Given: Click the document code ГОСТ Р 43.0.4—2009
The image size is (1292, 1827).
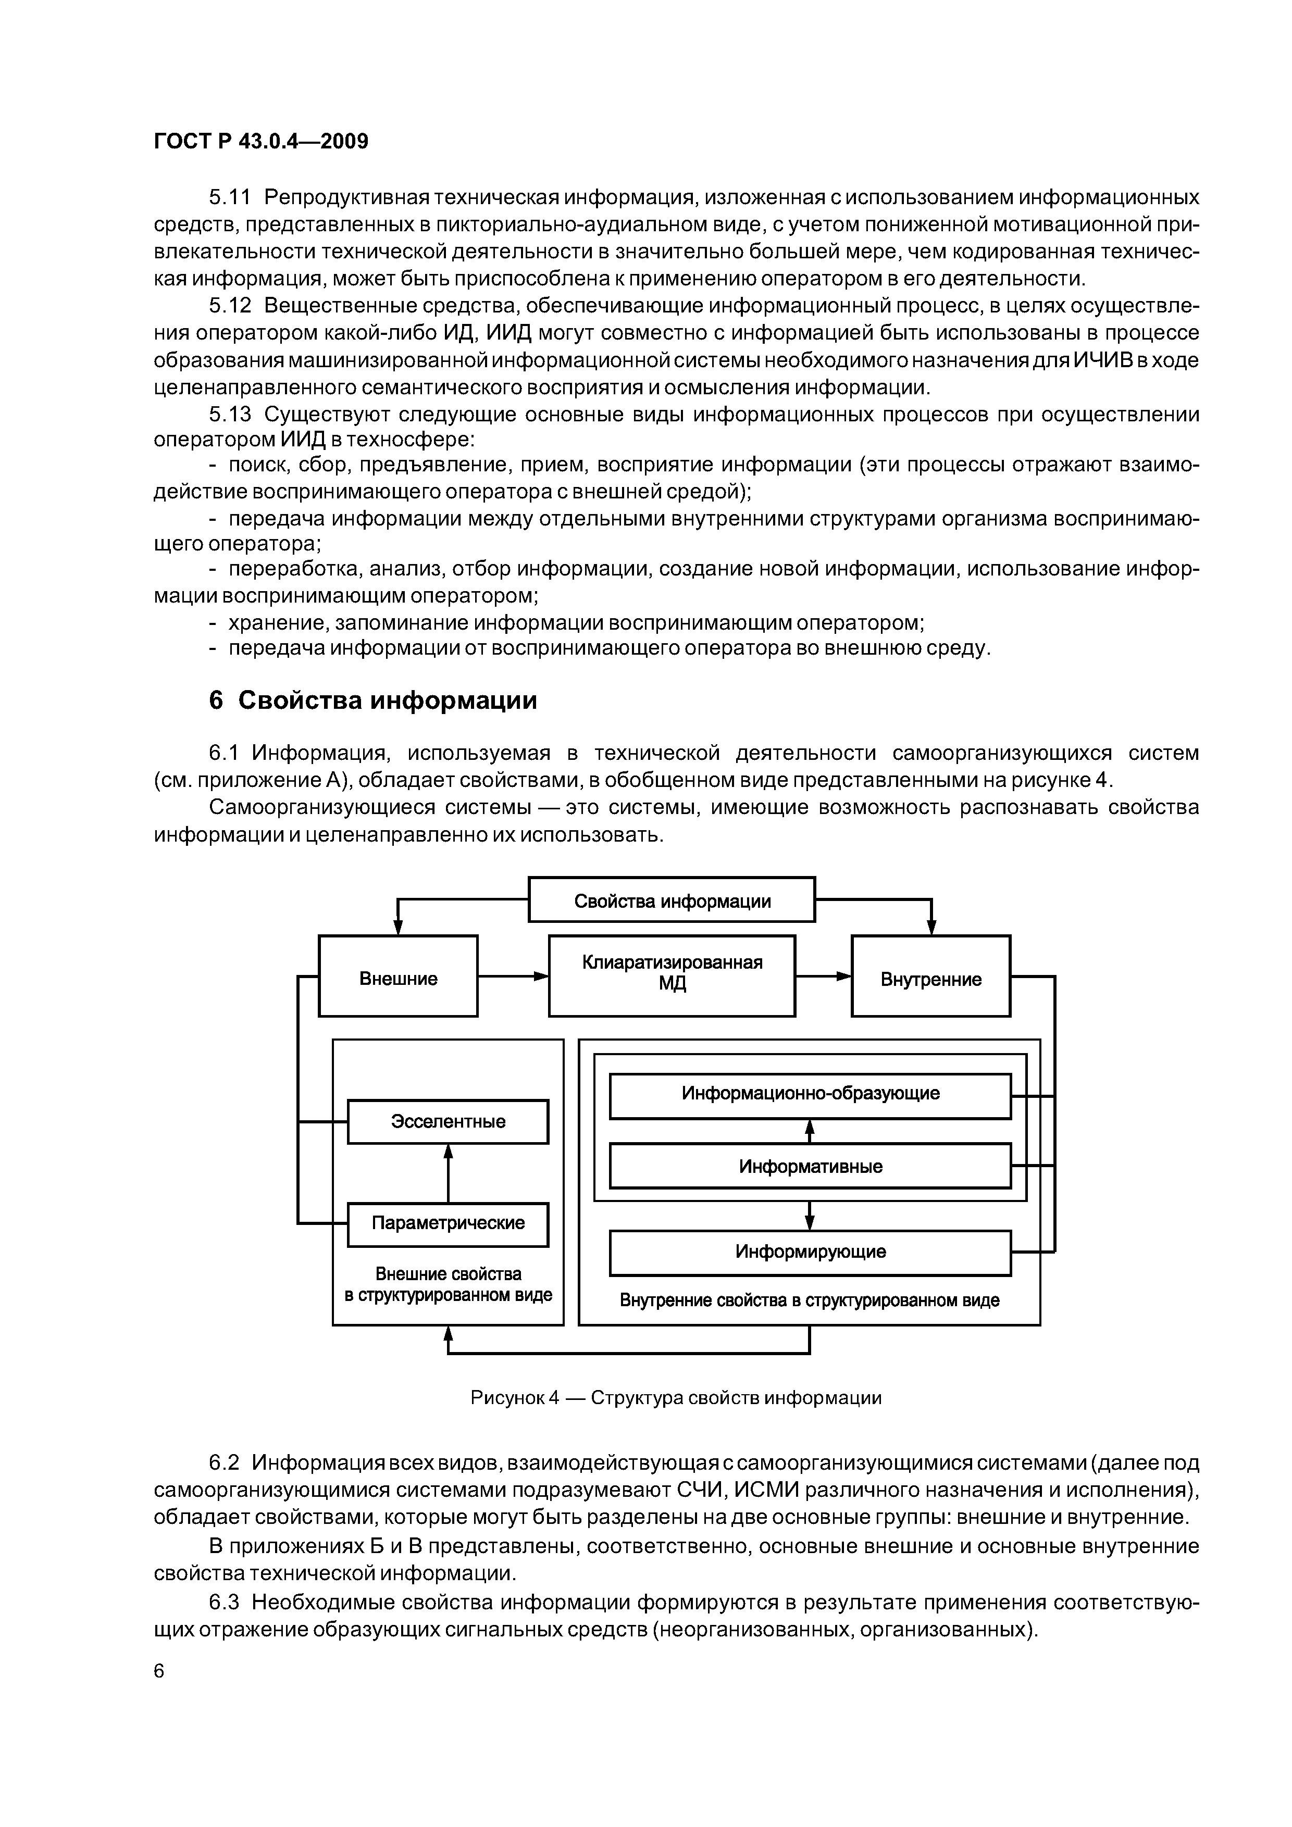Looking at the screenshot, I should (x=260, y=142).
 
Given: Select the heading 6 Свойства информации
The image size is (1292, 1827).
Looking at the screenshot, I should (x=372, y=700).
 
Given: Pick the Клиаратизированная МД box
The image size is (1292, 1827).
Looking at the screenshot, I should (x=672, y=975).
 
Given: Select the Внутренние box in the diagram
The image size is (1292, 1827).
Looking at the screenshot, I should (x=930, y=978).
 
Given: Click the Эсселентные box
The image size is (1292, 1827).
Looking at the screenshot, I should (x=448, y=1121).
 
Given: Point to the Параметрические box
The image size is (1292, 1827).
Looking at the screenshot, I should (x=448, y=1222).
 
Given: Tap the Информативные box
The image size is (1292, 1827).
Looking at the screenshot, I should (x=810, y=1167).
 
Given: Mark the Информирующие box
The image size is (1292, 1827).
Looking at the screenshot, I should (x=810, y=1252).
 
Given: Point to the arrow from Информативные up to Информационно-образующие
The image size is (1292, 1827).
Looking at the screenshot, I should (x=810, y=1131).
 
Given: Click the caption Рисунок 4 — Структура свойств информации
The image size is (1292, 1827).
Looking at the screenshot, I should (x=676, y=1397).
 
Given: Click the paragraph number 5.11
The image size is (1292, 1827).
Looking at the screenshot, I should (x=229, y=196).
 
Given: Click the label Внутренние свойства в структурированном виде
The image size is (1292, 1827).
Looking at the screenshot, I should (x=810, y=1300).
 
